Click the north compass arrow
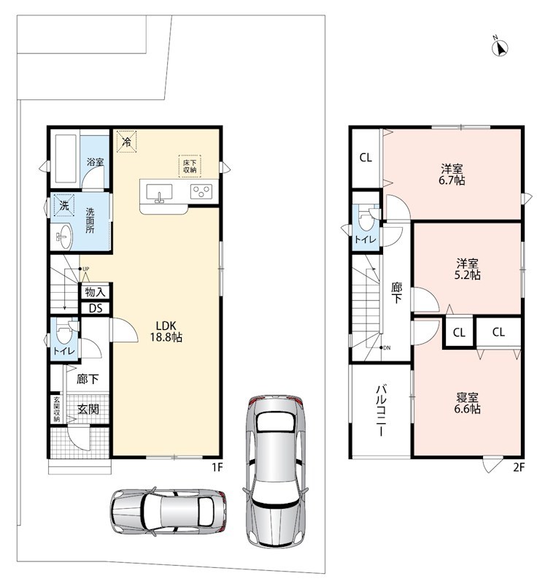tap(501, 48)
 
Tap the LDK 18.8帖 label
tap(166, 331)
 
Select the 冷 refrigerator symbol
tap(126, 141)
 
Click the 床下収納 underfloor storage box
tap(190, 166)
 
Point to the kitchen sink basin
tap(159, 192)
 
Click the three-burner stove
tap(201, 192)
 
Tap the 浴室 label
tap(95, 162)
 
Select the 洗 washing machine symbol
tap(64, 205)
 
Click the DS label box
tap(96, 308)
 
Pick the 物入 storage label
tap(96, 292)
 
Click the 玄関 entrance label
tap(88, 409)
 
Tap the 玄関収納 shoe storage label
tap(57, 410)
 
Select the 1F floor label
tap(217, 467)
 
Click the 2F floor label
tap(519, 467)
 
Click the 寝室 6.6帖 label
tap(467, 403)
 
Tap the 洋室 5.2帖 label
tap(467, 269)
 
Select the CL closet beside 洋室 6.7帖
tap(366, 158)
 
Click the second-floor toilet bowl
tap(366, 220)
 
